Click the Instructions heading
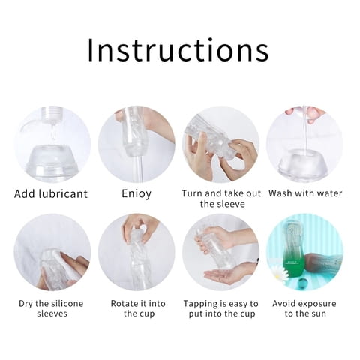[178, 50]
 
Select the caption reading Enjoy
[136, 194]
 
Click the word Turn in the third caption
[192, 193]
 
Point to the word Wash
[280, 193]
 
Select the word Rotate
[125, 304]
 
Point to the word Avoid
[284, 304]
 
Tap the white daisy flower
[278, 272]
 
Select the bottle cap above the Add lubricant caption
[51, 114]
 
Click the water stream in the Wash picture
[305, 130]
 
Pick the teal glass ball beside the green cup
[301, 283]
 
